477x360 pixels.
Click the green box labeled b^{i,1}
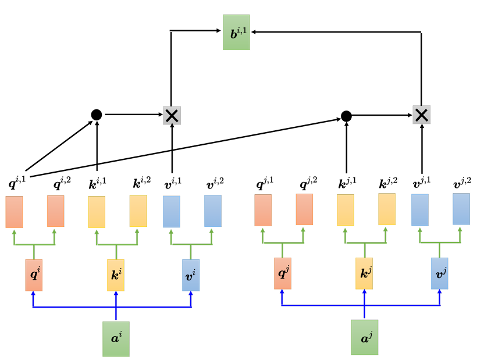coord(236,32)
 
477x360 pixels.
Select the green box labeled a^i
coord(116,338)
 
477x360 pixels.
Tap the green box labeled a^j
coord(365,337)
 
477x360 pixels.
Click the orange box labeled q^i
coord(34,275)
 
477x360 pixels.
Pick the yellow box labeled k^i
coord(116,275)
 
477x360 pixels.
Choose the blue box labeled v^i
coord(191,275)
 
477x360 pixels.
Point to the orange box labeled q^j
coord(283,273)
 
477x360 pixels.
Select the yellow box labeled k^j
coord(364,273)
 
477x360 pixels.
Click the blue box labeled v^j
coord(440,273)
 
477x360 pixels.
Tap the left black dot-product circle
coord(97,115)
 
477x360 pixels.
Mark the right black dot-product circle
coord(346,116)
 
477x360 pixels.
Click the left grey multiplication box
coord(172,116)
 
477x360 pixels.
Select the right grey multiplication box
coord(422,115)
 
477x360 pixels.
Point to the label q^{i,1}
coord(17,183)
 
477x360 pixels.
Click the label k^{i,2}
coord(142,183)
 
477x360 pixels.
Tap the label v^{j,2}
coord(462,183)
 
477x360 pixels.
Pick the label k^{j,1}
coord(347,183)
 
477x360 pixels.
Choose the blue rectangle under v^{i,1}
coord(172,211)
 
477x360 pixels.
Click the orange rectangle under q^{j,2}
coord(304,209)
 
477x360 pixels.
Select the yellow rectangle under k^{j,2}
coord(387,209)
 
